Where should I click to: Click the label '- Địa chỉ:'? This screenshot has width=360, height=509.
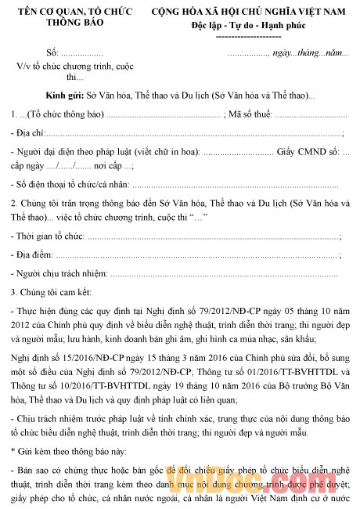pyautogui.click(x=31, y=134)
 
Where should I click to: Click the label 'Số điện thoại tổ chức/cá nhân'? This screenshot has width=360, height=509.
pyautogui.click(x=70, y=185)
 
